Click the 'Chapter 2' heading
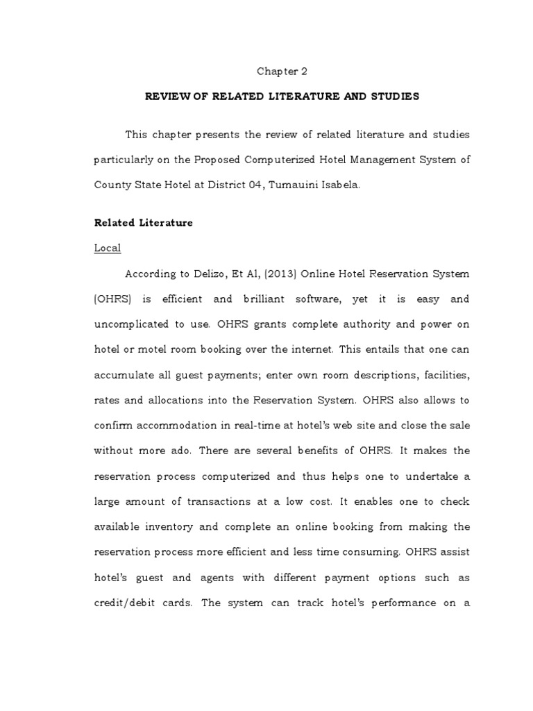[x=281, y=71]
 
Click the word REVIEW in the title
[x=167, y=97]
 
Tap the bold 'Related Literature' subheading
[x=143, y=223]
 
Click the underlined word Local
[x=108, y=249]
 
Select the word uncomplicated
[x=130, y=324]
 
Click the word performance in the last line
[x=396, y=603]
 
